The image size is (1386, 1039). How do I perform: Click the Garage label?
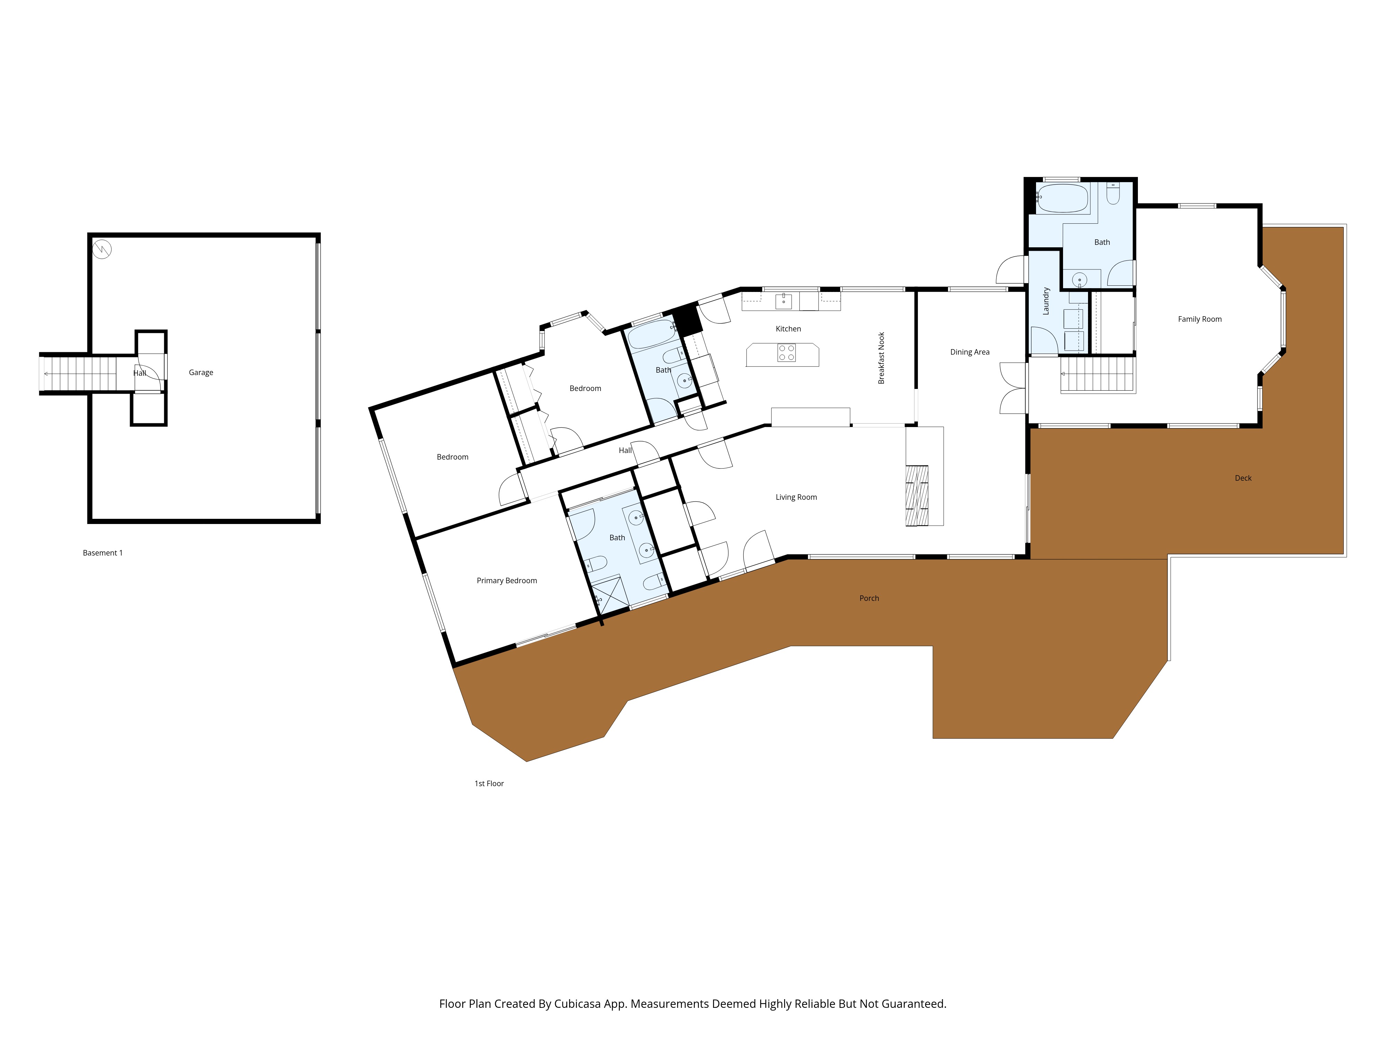[201, 373]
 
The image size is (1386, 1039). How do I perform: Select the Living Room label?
[796, 497]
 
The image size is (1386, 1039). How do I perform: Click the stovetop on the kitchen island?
[786, 353]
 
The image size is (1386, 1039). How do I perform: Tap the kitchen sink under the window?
[783, 301]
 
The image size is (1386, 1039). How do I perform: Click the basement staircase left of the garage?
[78, 374]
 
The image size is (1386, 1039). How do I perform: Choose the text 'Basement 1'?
[103, 553]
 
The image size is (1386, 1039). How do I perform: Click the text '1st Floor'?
[489, 783]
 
